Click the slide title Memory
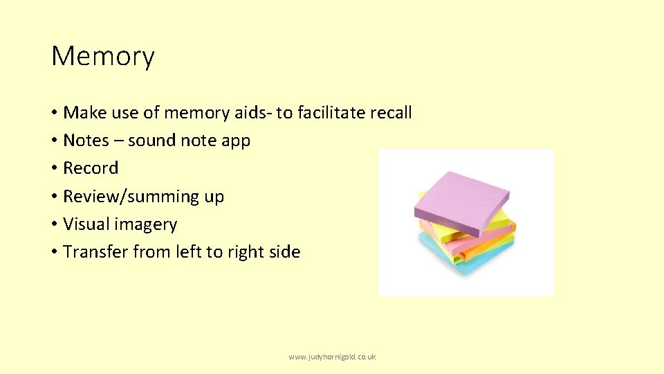(103, 57)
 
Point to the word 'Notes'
(86, 141)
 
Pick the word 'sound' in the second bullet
(151, 141)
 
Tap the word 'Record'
(91, 168)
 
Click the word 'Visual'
(86, 224)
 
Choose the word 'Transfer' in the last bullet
(95, 252)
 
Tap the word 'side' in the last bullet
(285, 252)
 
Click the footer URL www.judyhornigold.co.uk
(332, 357)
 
